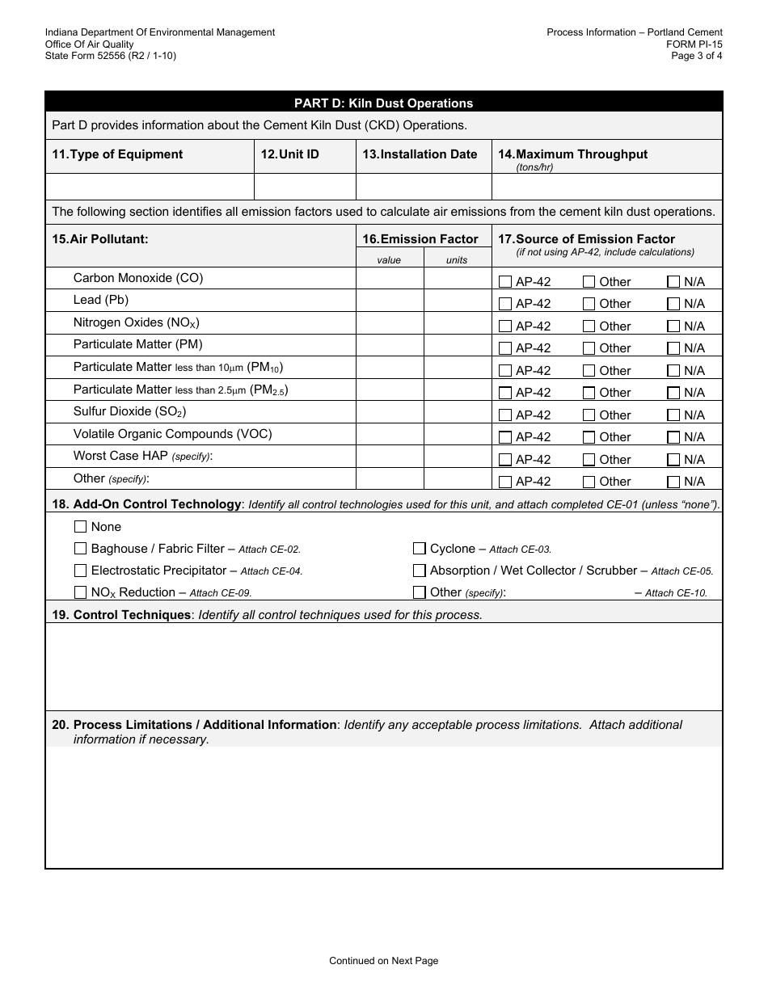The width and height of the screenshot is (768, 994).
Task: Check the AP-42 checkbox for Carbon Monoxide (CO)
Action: click(x=505, y=282)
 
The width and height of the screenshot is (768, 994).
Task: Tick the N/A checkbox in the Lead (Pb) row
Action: click(x=673, y=304)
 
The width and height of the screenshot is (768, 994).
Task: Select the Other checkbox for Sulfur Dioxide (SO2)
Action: click(x=589, y=415)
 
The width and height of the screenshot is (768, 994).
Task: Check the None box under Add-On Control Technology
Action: click(x=80, y=527)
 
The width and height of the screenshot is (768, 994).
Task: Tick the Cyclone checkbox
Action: click(x=419, y=549)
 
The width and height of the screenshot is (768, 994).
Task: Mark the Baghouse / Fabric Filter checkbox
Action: click(x=80, y=549)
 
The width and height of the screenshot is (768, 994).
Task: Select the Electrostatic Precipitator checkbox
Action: click(x=80, y=571)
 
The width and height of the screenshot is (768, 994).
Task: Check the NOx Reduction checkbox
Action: click(x=80, y=592)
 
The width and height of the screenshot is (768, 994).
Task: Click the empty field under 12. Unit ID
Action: click(x=305, y=187)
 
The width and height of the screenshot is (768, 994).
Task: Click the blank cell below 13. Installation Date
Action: click(x=424, y=187)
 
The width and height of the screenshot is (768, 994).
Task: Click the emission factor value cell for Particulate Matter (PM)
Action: click(x=390, y=345)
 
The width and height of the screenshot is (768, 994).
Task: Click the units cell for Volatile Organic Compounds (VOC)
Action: click(x=458, y=434)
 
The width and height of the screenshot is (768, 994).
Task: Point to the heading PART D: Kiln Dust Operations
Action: click(x=383, y=103)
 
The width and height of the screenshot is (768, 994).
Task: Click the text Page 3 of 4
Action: click(x=697, y=56)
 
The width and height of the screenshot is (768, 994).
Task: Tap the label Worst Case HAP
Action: click(x=120, y=456)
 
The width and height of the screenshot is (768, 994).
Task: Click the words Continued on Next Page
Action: click(x=383, y=961)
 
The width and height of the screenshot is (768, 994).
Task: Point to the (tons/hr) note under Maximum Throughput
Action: click(x=534, y=167)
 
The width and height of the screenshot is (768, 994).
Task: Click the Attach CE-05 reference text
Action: click(x=681, y=571)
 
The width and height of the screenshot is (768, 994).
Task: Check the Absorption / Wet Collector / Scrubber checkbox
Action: click(x=419, y=571)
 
